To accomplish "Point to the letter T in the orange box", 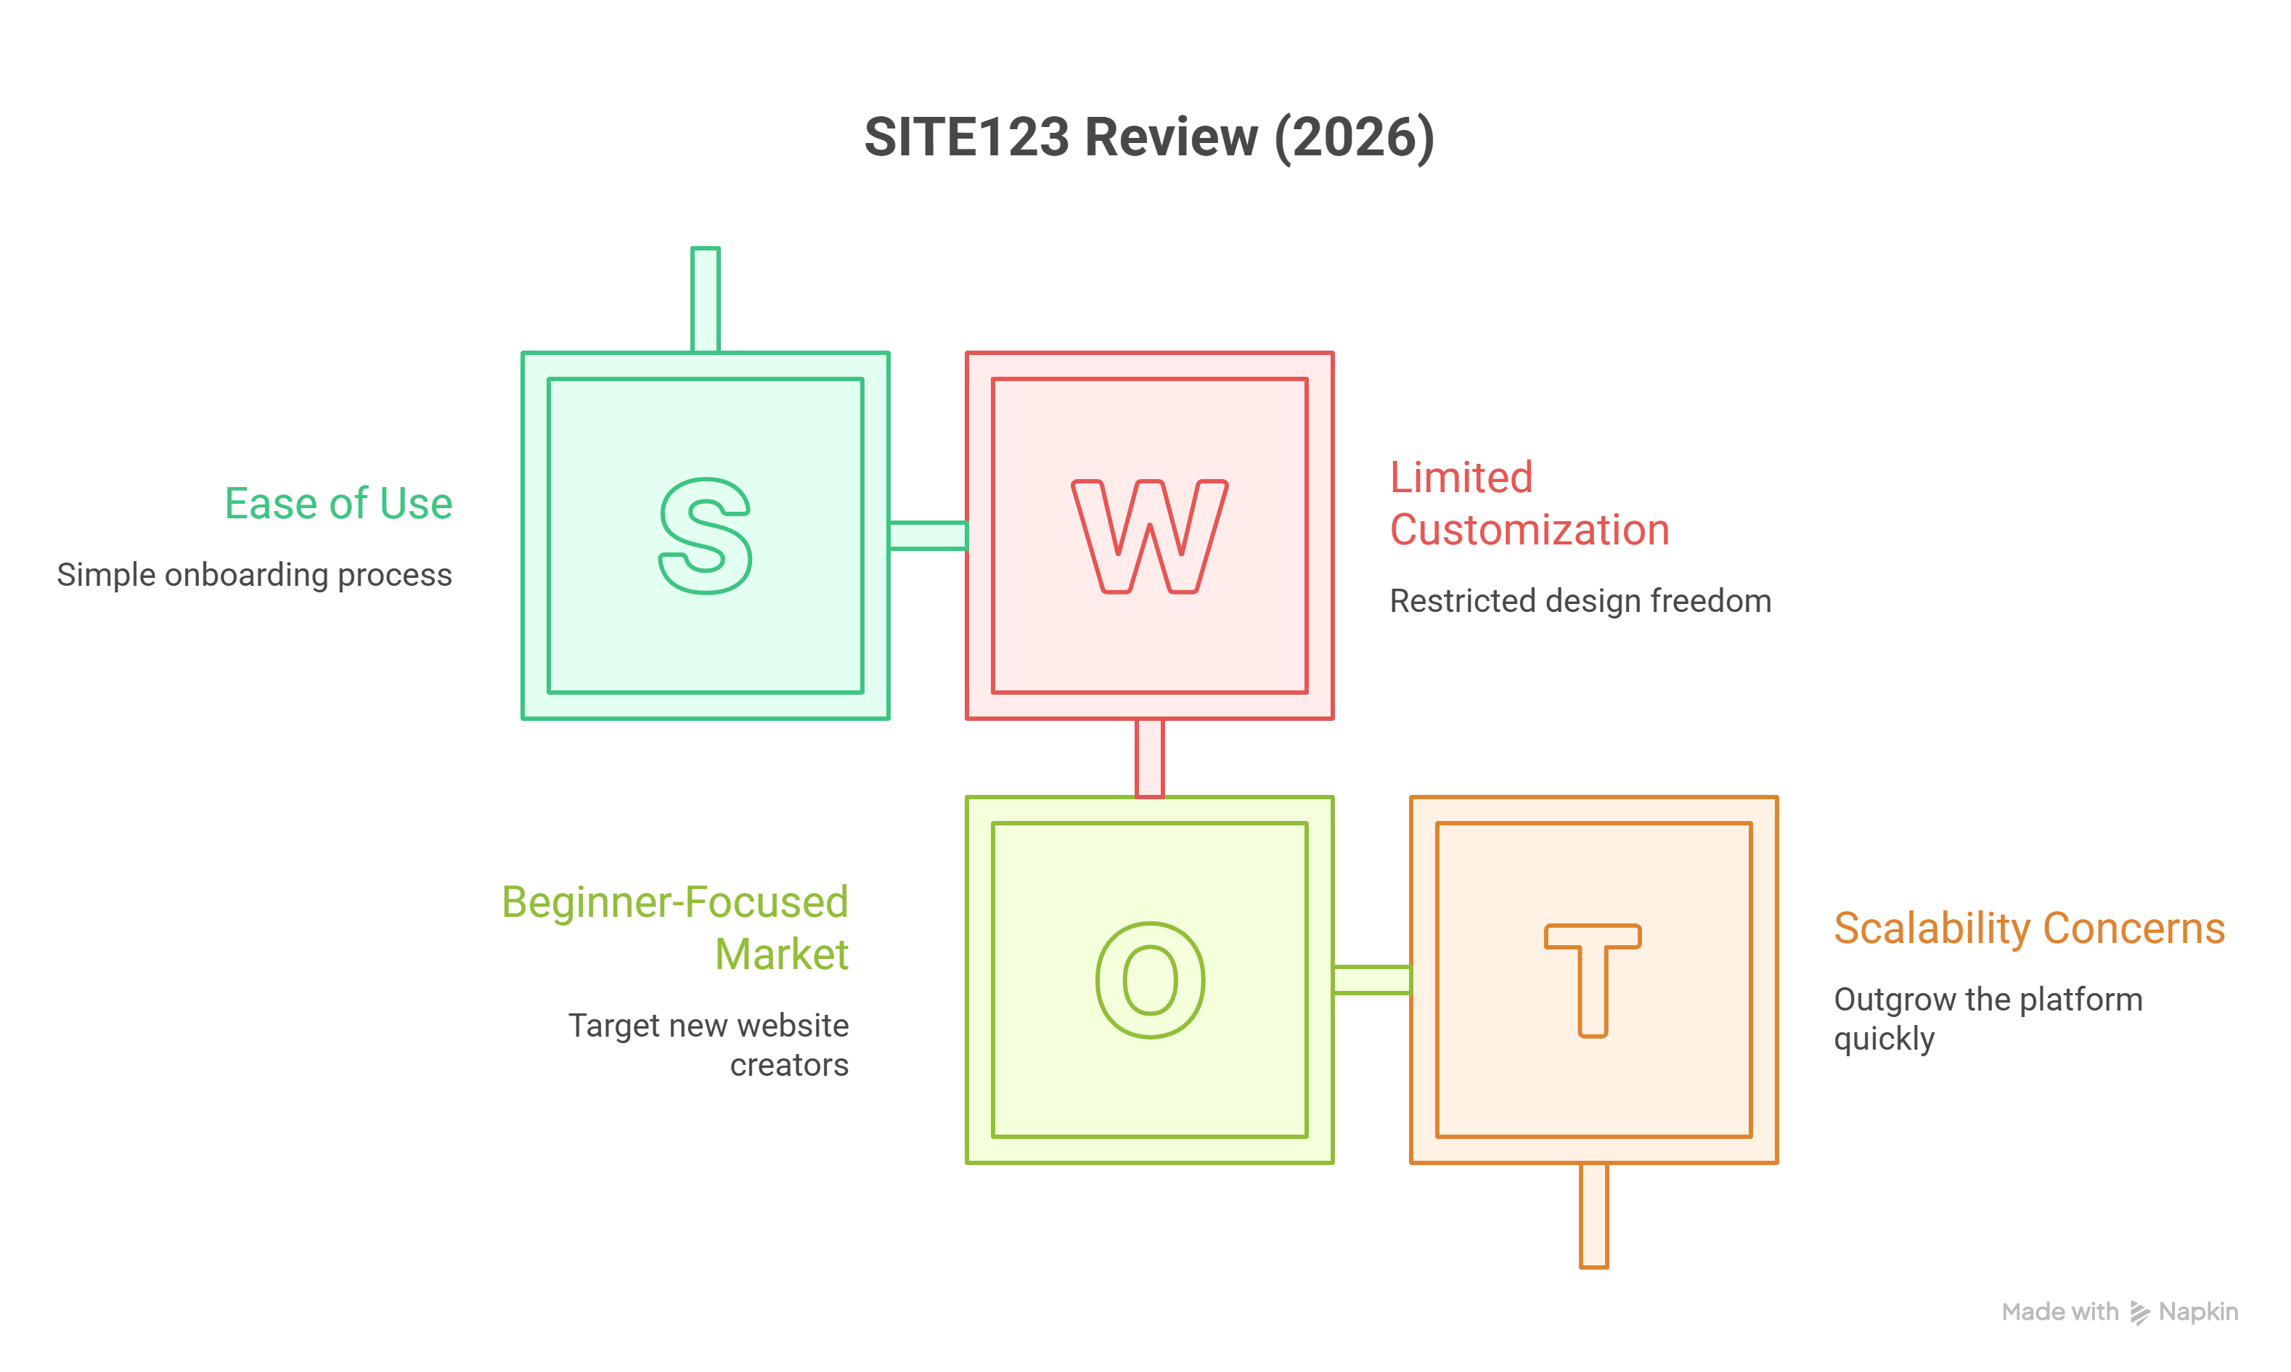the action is [1592, 980].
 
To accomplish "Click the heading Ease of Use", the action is [338, 504].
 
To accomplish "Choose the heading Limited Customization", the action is [1530, 504].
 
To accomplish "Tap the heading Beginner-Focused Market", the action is [675, 927].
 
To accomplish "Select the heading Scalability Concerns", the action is [2030, 928].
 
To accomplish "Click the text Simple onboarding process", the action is [254, 575].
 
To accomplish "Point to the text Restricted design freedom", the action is [1580, 601].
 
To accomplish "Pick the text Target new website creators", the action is [708, 1045].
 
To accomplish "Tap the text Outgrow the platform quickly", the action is [1988, 1018].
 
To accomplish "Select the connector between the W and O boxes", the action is [1149, 758].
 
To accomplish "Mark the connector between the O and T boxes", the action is [1372, 980].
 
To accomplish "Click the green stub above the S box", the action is [706, 300].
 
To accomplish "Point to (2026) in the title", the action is [1355, 138].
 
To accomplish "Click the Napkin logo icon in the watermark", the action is [2139, 1312].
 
